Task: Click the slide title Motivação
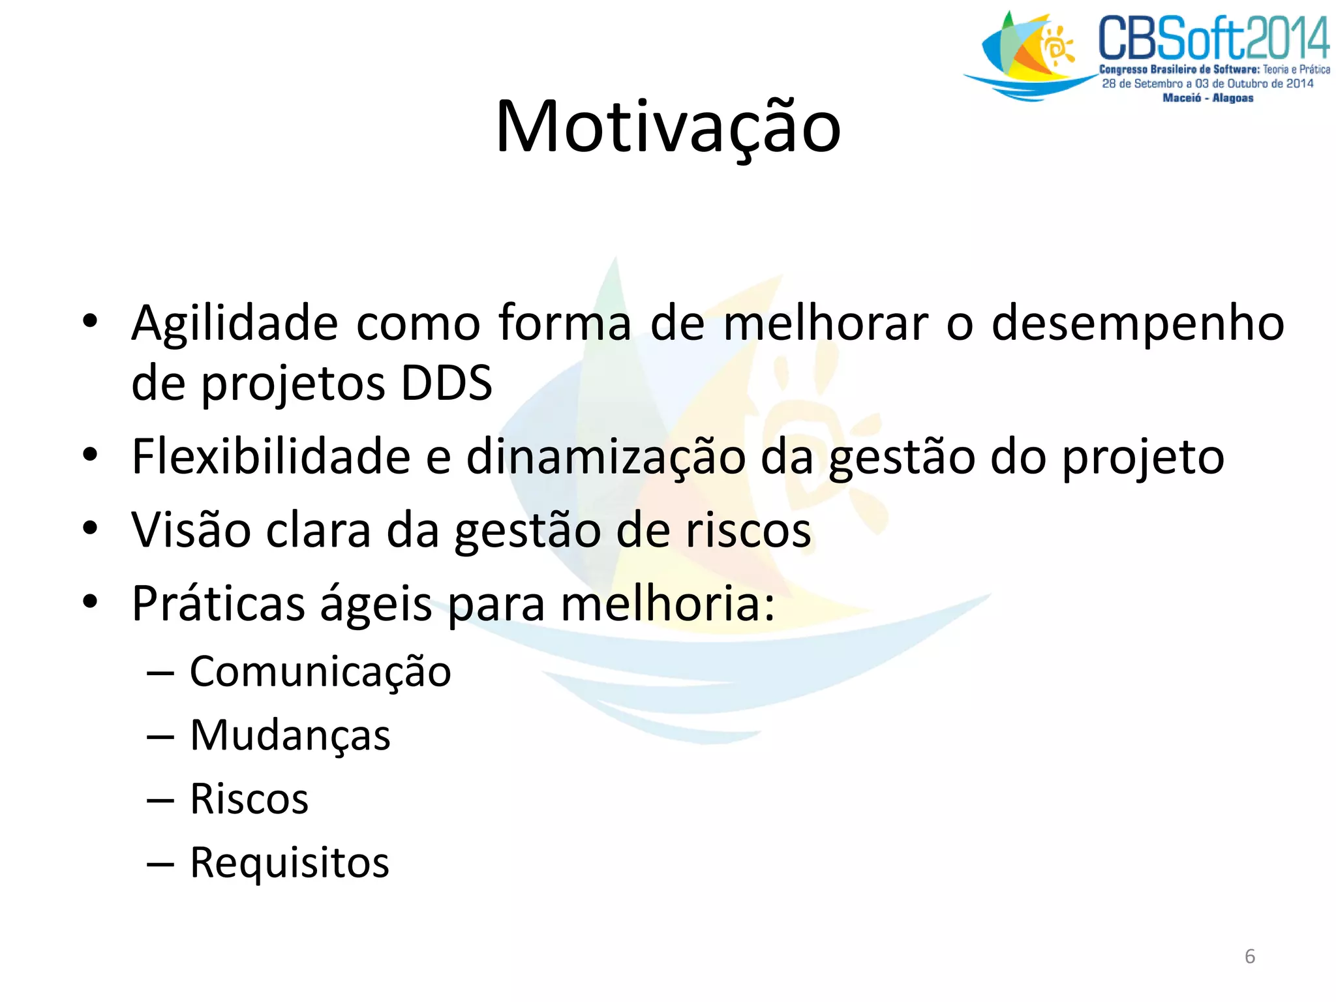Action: (x=668, y=127)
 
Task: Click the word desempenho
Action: (x=1137, y=324)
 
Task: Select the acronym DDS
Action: (x=446, y=384)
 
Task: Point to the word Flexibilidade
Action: (x=271, y=457)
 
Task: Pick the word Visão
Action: (x=191, y=530)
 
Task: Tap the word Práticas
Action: (x=219, y=603)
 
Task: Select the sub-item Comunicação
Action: (x=320, y=672)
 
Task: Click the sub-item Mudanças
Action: (x=290, y=736)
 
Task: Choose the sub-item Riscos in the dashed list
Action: (x=249, y=799)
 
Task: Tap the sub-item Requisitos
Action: (x=290, y=863)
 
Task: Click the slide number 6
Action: (x=1249, y=956)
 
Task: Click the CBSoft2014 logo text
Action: (x=1213, y=38)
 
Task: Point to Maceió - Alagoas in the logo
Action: (x=1207, y=98)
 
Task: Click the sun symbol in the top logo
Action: (x=1057, y=46)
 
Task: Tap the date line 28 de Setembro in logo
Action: (x=1207, y=83)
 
